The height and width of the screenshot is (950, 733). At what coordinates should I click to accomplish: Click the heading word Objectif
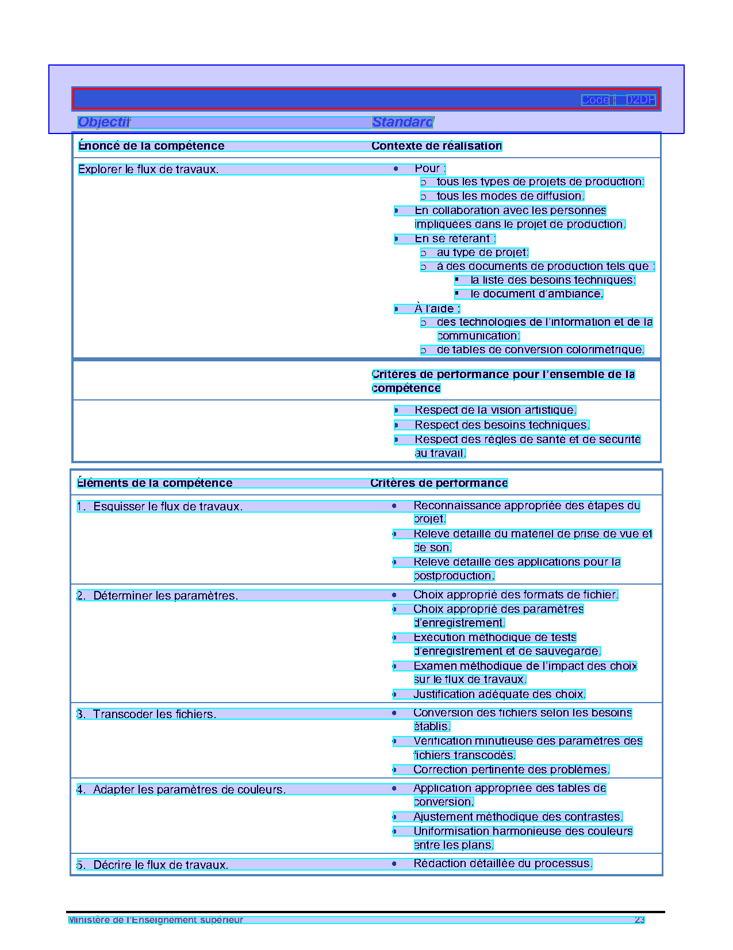click(x=104, y=122)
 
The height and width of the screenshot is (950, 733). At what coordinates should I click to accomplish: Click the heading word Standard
click(x=402, y=122)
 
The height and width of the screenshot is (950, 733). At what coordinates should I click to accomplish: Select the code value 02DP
click(x=640, y=100)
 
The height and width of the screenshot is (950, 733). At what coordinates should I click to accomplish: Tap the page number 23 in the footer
click(x=639, y=920)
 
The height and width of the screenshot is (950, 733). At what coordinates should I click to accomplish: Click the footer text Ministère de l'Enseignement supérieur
click(x=156, y=920)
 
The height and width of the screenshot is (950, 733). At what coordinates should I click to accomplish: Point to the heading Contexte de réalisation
click(x=436, y=146)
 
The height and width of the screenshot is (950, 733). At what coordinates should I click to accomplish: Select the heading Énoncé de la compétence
click(x=151, y=146)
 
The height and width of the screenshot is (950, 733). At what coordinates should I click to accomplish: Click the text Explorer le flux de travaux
click(x=148, y=169)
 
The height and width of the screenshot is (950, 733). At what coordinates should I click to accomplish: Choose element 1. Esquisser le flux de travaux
click(x=160, y=506)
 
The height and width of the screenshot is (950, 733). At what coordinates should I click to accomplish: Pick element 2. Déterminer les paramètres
click(x=158, y=596)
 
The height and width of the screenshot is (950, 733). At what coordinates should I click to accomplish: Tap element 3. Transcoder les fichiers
click(x=147, y=714)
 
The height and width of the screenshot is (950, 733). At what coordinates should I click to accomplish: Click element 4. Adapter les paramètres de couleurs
click(x=181, y=789)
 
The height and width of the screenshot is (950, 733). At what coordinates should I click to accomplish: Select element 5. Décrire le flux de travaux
click(x=153, y=865)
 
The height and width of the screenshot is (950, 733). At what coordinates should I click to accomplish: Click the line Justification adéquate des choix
click(x=499, y=695)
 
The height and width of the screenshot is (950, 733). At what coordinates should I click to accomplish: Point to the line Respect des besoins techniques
click(x=501, y=425)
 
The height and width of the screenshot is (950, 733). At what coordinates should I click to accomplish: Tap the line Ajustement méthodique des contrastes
click(x=517, y=817)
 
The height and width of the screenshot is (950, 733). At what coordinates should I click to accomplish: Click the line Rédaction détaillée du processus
click(x=502, y=864)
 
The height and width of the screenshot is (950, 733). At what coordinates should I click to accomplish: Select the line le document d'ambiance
click(x=536, y=294)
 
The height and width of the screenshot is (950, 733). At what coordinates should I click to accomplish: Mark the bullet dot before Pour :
click(x=396, y=169)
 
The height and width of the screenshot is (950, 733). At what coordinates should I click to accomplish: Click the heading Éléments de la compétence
click(x=155, y=483)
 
